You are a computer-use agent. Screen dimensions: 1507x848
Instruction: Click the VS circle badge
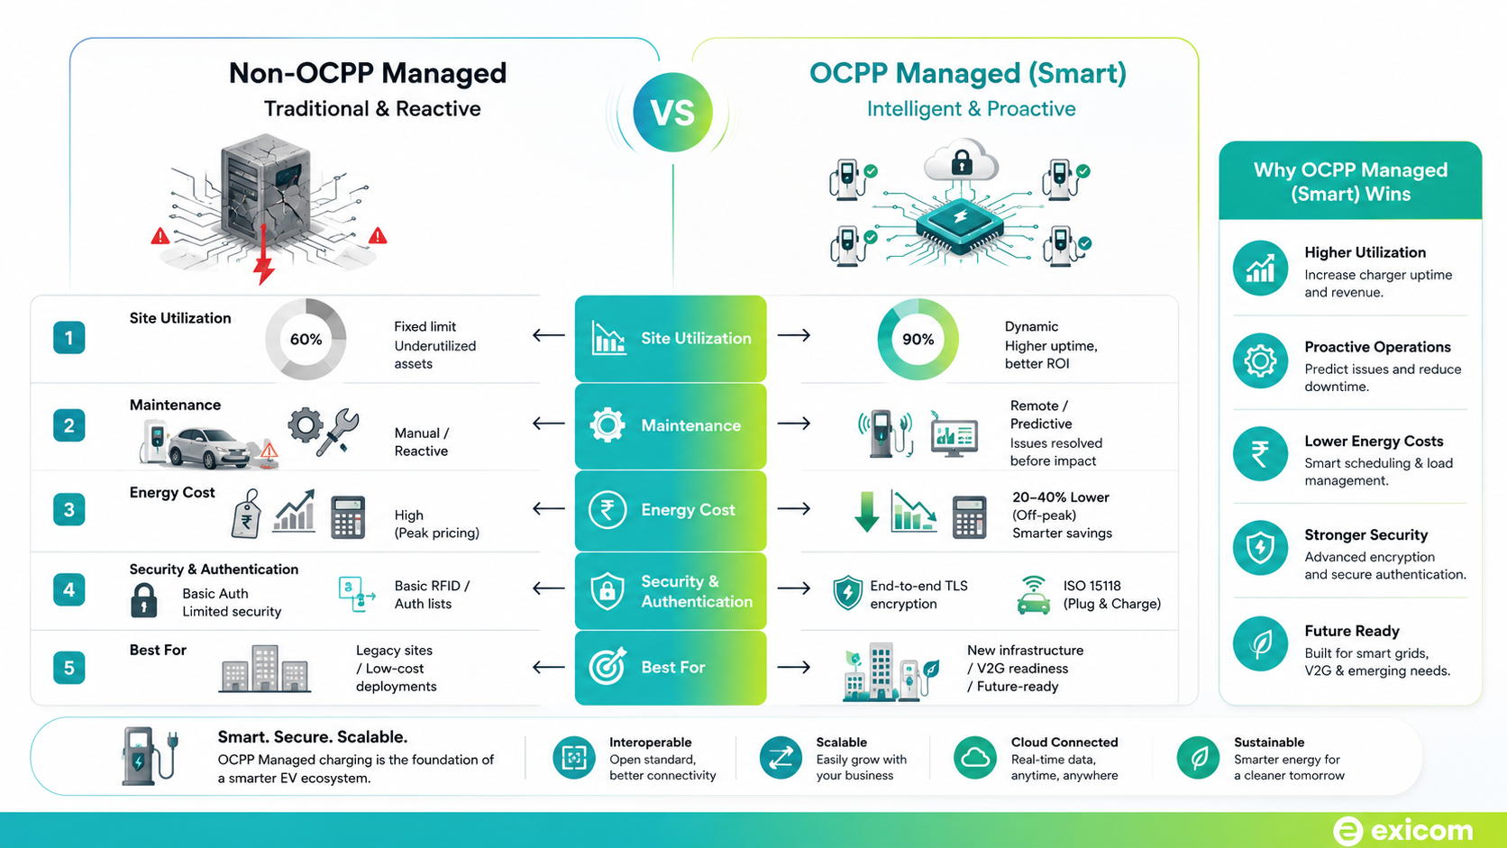672,112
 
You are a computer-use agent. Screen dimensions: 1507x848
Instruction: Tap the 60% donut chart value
306,340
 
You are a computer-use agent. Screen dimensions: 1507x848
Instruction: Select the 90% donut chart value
918,340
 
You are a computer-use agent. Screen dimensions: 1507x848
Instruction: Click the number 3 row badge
68,510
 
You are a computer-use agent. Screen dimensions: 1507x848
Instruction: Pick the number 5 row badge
68,668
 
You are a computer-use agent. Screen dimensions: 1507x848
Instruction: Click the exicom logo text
1421,831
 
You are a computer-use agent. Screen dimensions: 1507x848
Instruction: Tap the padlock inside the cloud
962,161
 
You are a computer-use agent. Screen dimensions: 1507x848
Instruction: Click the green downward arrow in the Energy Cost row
866,512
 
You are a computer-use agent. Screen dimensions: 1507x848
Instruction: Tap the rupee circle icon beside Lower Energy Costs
1260,454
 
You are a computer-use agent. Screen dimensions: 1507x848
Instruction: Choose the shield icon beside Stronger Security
1260,547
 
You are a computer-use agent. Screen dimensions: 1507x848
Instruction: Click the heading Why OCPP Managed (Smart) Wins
1350,181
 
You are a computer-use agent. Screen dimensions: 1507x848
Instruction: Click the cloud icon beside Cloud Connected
975,758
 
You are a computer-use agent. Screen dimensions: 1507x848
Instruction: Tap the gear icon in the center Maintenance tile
607,425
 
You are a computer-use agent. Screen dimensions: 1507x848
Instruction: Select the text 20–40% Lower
1060,497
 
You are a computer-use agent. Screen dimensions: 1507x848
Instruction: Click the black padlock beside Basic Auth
143,600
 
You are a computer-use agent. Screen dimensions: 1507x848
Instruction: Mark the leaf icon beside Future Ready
1260,643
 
